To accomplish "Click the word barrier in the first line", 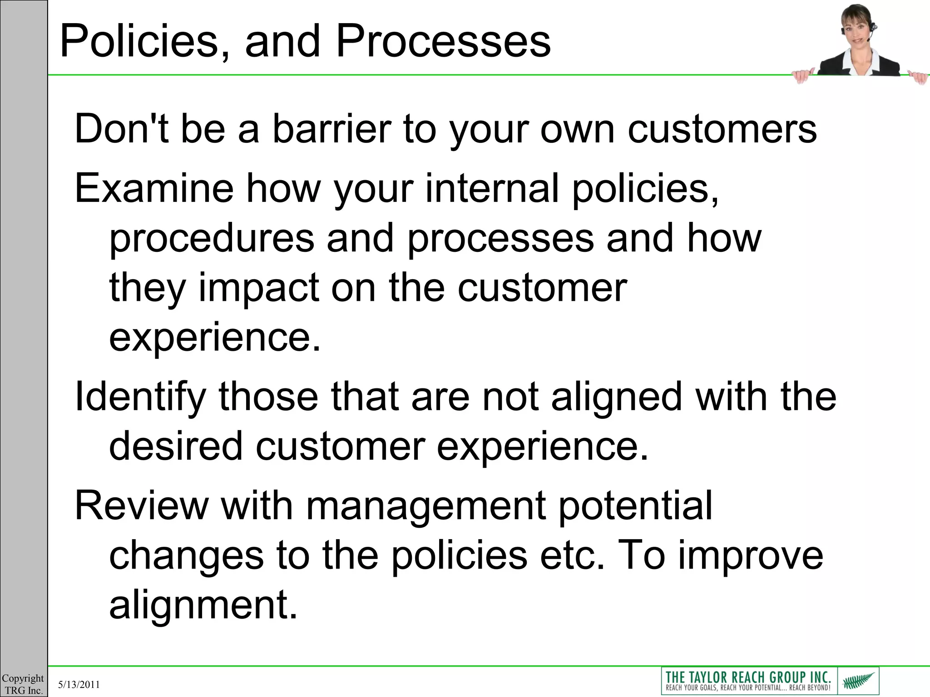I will [331, 129].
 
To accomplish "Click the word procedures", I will [212, 239].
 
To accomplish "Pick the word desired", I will [176, 446].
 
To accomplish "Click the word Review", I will [141, 506].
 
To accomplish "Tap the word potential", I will [635, 506].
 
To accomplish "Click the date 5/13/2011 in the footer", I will [79, 684].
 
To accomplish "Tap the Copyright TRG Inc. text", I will [23, 684].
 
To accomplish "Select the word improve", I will [750, 555].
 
